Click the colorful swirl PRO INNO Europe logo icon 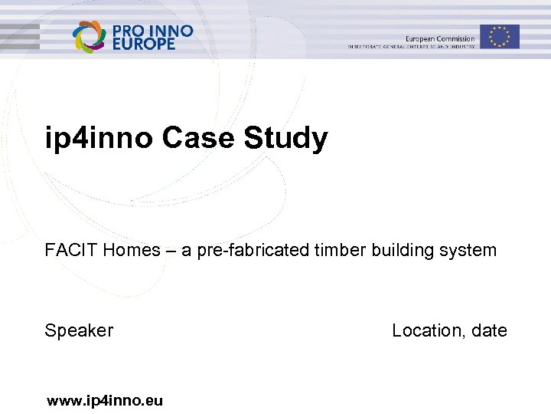[90, 37]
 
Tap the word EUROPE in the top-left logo [144, 44]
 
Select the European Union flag [500, 36]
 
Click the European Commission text [440, 38]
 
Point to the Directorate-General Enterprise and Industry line [412, 47]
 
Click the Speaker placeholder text [79, 330]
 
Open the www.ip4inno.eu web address [105, 399]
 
